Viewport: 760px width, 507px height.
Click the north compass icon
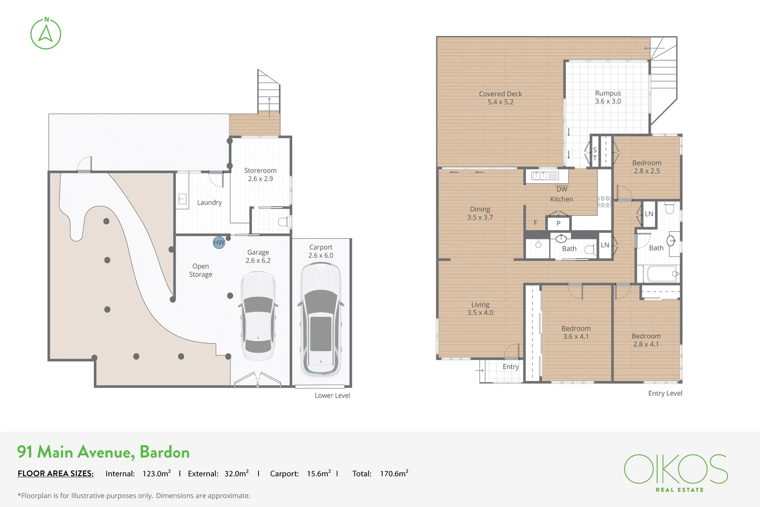coord(46,34)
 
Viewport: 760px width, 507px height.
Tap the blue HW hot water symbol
coord(219,242)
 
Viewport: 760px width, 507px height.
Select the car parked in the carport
coord(321,319)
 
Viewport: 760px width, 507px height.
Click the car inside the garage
coord(258,315)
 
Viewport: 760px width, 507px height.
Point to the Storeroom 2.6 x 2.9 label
coord(260,175)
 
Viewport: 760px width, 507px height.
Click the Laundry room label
coord(209,202)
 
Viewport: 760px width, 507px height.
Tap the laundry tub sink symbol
coord(182,199)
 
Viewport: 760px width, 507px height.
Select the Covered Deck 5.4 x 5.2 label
coord(500,98)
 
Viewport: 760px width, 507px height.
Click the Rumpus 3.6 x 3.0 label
coord(608,97)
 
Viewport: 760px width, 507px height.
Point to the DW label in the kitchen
coord(562,189)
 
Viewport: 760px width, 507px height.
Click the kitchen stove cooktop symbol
coord(604,202)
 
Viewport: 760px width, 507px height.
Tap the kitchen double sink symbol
coord(544,176)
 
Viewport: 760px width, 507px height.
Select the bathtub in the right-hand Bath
coord(661,274)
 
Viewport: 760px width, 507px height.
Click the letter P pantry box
coord(558,223)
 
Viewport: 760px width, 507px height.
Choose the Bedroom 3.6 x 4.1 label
coord(576,332)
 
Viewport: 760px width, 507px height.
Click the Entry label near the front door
coord(510,367)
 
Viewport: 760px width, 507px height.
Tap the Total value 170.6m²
coord(394,474)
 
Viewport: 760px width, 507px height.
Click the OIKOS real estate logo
coord(676,472)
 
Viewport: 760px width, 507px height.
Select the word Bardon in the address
coord(165,452)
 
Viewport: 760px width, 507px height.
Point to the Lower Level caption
coord(332,396)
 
